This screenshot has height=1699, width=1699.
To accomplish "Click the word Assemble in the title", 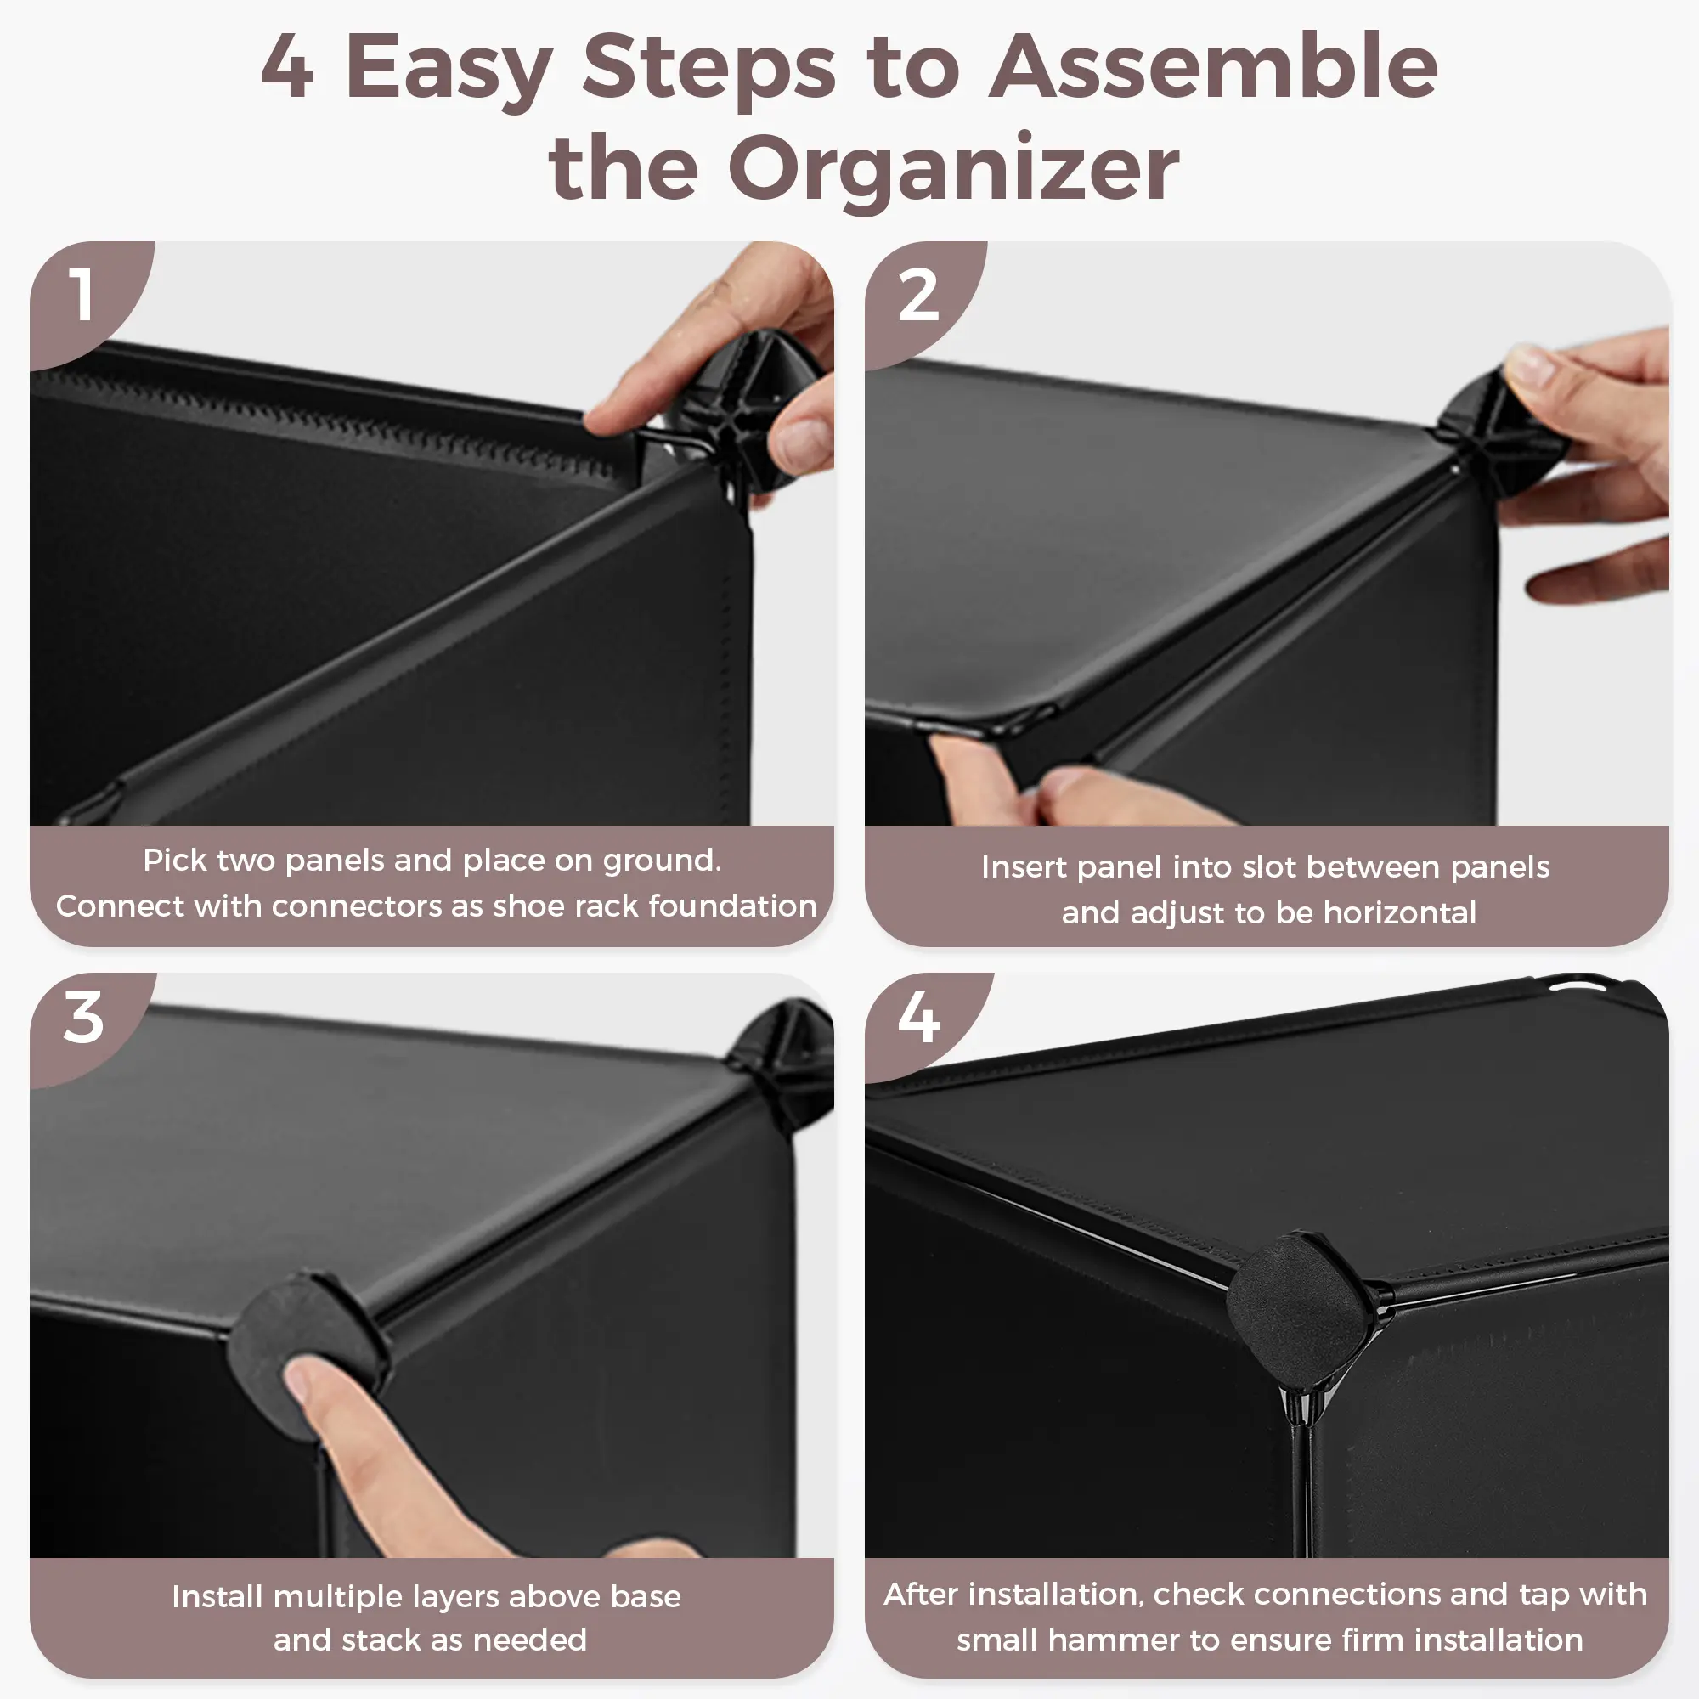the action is (1214, 67).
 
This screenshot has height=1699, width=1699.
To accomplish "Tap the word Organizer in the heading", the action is (953, 169).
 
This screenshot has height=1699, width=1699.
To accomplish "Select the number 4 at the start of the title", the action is (288, 67).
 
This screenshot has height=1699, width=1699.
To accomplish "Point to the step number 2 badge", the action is (919, 295).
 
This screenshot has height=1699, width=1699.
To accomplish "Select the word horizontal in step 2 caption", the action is (1400, 913).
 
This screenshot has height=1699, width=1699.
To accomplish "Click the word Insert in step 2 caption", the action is (1024, 867).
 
